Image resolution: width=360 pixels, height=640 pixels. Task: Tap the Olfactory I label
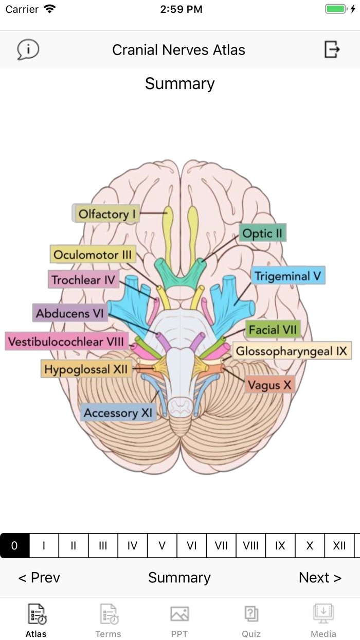click(x=107, y=214)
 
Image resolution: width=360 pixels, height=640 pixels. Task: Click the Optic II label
click(x=262, y=234)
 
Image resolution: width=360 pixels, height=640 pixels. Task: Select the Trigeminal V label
click(x=288, y=276)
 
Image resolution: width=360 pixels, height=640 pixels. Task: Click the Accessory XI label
click(x=118, y=413)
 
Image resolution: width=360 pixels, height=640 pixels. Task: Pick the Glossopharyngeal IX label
click(x=292, y=351)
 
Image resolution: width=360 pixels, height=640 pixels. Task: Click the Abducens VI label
click(x=70, y=313)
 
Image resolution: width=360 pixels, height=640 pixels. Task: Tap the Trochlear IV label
click(x=83, y=280)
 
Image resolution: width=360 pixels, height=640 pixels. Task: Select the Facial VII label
click(x=273, y=329)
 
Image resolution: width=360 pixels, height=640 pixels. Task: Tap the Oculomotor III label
click(x=93, y=255)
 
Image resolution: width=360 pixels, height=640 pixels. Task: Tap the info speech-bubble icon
click(x=28, y=50)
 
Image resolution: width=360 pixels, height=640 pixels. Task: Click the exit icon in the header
click(x=332, y=50)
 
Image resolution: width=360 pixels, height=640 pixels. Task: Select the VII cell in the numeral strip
click(x=221, y=546)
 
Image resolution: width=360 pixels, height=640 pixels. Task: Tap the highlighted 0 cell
click(x=14, y=546)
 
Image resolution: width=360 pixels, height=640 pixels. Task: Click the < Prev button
click(x=39, y=578)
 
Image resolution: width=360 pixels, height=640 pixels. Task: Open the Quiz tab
click(x=251, y=621)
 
